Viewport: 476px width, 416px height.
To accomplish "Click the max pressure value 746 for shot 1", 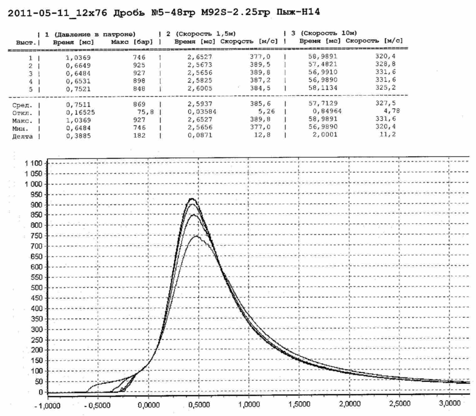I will [x=139, y=58].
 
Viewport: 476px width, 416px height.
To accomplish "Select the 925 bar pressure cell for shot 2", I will [x=139, y=65].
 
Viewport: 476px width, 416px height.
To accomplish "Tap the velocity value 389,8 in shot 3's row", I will [x=260, y=72].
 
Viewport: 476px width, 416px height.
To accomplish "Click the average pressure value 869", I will [x=139, y=104].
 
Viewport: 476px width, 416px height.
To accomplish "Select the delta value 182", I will [x=139, y=136].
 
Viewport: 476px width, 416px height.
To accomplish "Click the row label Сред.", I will [x=22, y=105].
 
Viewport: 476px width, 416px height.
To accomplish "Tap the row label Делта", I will [x=22, y=137].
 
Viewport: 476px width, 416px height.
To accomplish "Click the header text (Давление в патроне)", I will [x=95, y=34].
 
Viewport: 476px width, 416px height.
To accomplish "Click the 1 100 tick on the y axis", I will [x=32, y=163].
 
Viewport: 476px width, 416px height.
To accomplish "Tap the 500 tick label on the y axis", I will [x=37, y=288].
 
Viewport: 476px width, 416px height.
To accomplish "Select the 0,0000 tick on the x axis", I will [x=148, y=405].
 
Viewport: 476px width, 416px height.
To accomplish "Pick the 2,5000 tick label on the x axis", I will [x=400, y=404].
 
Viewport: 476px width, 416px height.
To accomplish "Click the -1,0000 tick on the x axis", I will [x=47, y=406].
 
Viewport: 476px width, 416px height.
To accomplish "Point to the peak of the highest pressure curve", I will [x=192, y=199].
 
